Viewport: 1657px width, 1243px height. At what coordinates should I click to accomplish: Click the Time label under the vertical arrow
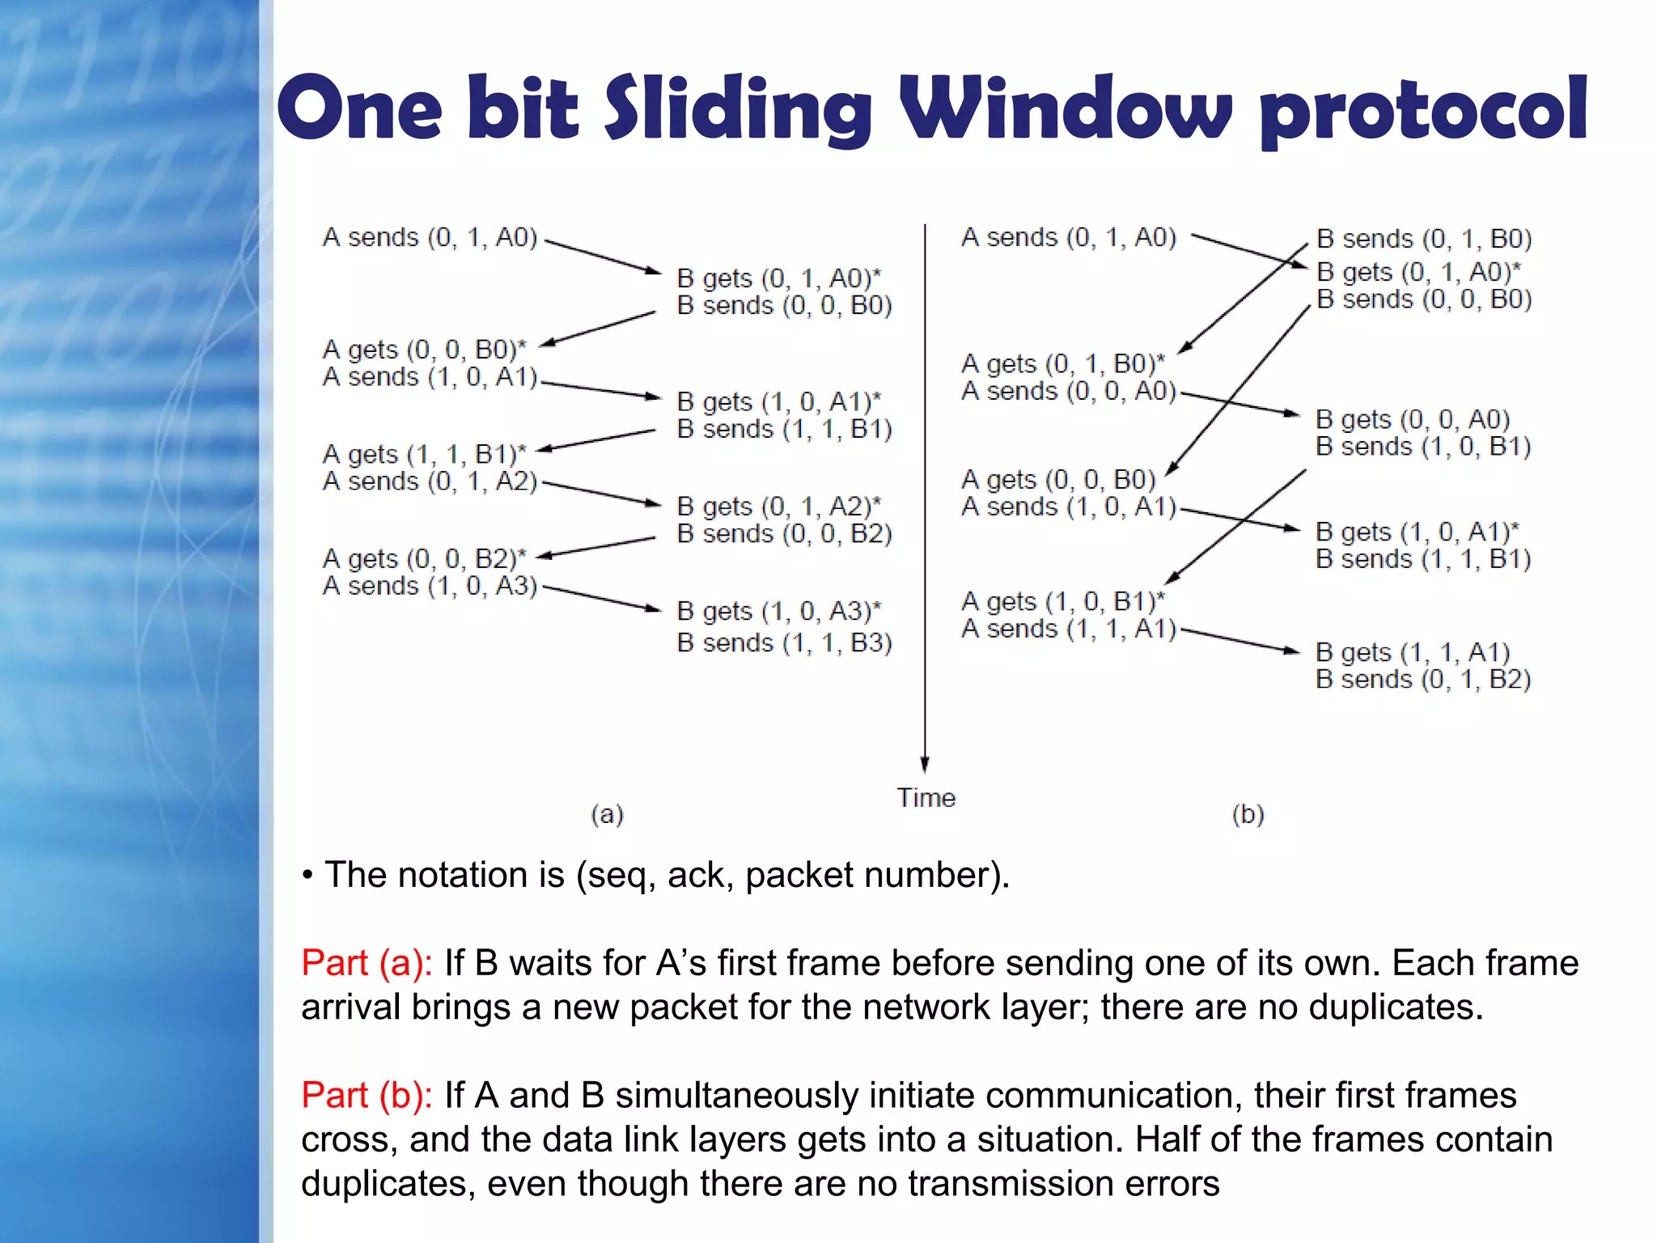pyautogui.click(x=926, y=798)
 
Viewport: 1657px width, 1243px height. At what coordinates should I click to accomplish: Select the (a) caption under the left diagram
pyautogui.click(x=607, y=814)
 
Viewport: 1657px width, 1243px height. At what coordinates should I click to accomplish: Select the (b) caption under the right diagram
pyautogui.click(x=1248, y=814)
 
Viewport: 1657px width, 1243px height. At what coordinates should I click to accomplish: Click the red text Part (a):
pyautogui.click(x=367, y=963)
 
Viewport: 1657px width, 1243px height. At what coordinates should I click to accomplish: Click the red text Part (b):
pyautogui.click(x=367, y=1095)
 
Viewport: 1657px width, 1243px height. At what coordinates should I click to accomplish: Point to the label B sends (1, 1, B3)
pyautogui.click(x=784, y=643)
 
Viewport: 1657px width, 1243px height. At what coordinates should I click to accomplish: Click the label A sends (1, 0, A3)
pyautogui.click(x=430, y=585)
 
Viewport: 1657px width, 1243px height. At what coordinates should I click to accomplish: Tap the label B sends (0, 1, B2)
pyautogui.click(x=1423, y=679)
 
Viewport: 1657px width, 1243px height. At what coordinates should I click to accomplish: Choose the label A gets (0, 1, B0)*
pyautogui.click(x=1062, y=363)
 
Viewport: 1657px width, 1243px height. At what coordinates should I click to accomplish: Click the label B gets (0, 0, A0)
pyautogui.click(x=1413, y=419)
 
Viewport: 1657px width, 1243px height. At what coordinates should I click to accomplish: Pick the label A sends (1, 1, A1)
pyautogui.click(x=1068, y=628)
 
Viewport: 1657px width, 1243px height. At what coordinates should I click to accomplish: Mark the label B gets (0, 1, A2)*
pyautogui.click(x=778, y=506)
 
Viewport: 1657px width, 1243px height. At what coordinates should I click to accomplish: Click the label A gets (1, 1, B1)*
pyautogui.click(x=424, y=453)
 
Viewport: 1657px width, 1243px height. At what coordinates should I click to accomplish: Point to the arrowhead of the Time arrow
pyautogui.click(x=925, y=765)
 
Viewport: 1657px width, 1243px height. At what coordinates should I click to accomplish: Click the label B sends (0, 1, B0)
pyautogui.click(x=1424, y=239)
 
